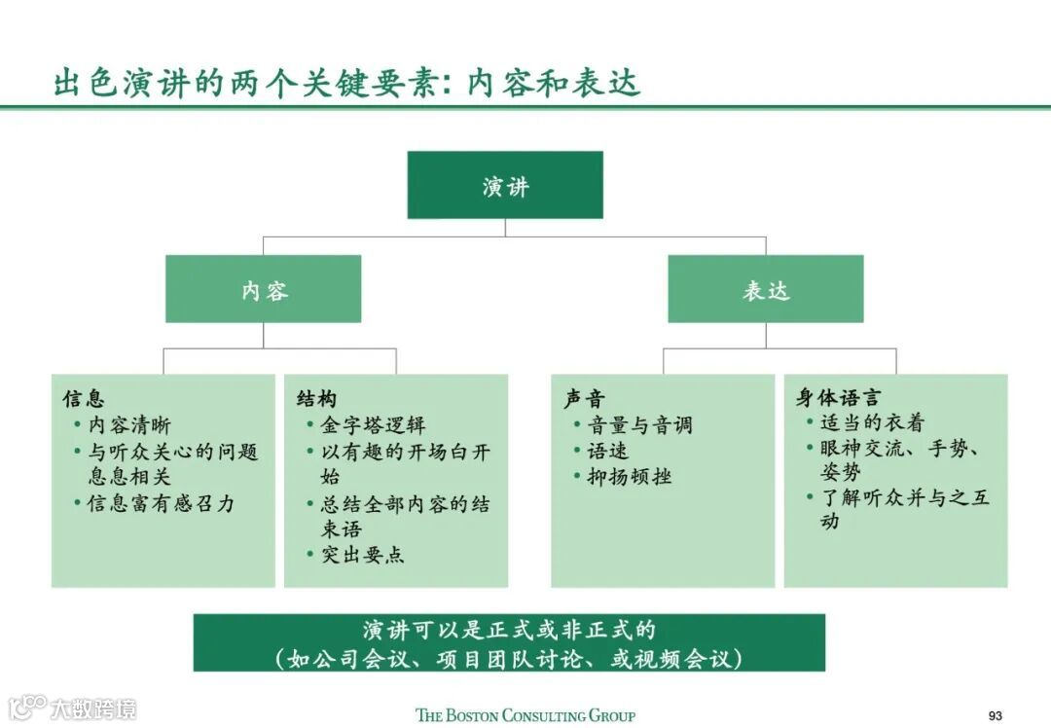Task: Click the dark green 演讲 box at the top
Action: (x=505, y=185)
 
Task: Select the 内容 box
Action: (x=263, y=289)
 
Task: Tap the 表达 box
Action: (x=765, y=289)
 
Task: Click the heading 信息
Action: (x=84, y=399)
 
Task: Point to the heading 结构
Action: (x=316, y=399)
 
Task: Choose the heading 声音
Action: (x=584, y=399)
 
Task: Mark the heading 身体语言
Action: (x=838, y=398)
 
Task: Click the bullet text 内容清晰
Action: (x=129, y=425)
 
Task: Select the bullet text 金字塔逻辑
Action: (x=374, y=425)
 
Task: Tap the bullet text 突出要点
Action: (x=363, y=555)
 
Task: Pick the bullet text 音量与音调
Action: (x=639, y=425)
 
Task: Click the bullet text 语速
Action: (x=607, y=451)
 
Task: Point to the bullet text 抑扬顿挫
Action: (x=629, y=477)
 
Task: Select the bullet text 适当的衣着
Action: (x=872, y=422)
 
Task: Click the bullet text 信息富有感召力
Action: (x=161, y=503)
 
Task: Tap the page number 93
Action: (x=995, y=715)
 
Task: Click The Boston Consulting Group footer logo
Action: (x=525, y=715)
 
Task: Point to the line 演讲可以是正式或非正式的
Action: (x=509, y=630)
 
